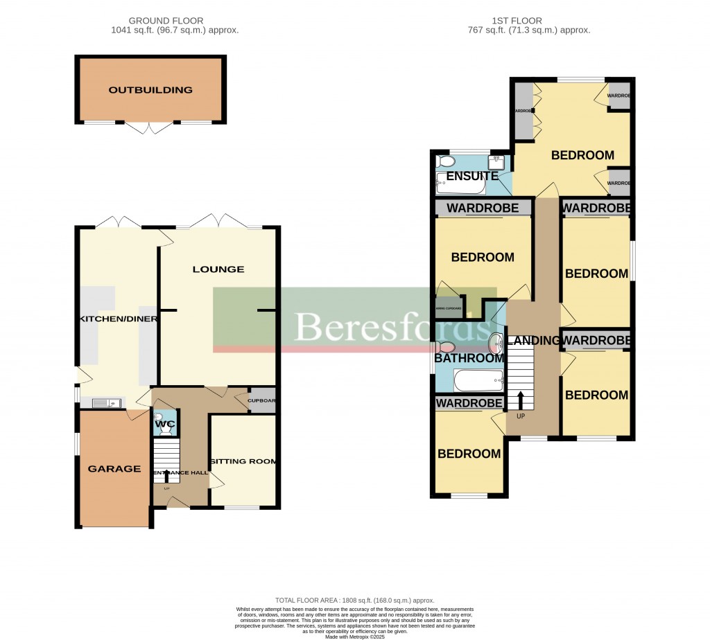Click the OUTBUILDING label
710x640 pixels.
(x=150, y=90)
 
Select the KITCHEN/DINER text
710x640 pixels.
(x=119, y=319)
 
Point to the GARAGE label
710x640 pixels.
(x=114, y=469)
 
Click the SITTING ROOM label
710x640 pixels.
(x=243, y=461)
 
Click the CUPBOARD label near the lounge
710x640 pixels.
(x=262, y=400)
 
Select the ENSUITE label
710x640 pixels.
(x=471, y=176)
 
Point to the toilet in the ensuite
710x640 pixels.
(x=447, y=161)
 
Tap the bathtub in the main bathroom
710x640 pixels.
(x=478, y=380)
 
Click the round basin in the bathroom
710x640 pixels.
(x=496, y=342)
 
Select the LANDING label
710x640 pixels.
(x=533, y=340)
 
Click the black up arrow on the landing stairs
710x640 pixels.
(x=519, y=400)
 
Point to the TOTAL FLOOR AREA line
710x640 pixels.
(x=354, y=601)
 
